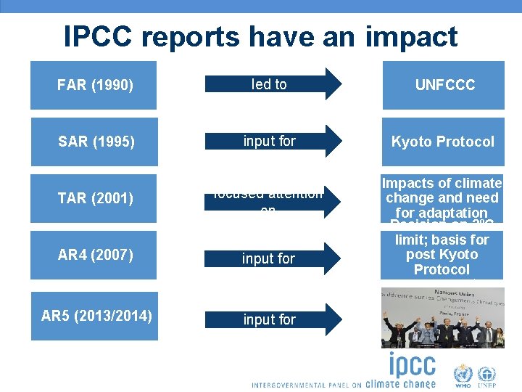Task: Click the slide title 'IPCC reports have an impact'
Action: (x=260, y=36)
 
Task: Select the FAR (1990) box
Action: (x=94, y=86)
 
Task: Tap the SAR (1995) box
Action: (x=94, y=142)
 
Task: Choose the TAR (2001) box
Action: (x=94, y=197)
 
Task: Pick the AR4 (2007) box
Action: (x=94, y=255)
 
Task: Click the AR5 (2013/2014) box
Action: (x=96, y=316)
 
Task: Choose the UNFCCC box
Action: (x=444, y=86)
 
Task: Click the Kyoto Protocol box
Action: (x=443, y=142)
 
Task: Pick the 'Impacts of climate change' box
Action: (x=442, y=197)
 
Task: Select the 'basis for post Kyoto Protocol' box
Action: (x=442, y=255)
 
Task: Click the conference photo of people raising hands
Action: (x=442, y=318)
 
